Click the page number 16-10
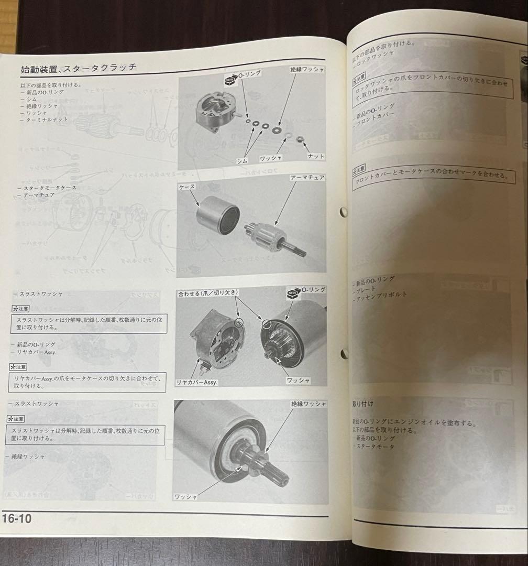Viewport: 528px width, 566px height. click(x=17, y=518)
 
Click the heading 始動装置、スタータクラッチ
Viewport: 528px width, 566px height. click(x=79, y=68)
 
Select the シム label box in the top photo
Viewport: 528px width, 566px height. click(x=242, y=160)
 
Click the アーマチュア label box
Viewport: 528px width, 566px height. click(x=307, y=178)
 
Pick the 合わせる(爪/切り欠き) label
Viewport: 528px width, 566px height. click(x=208, y=292)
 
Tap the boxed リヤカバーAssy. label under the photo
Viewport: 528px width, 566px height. click(x=197, y=382)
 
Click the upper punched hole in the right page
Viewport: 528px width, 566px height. click(x=344, y=212)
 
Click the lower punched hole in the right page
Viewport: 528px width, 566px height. click(x=344, y=354)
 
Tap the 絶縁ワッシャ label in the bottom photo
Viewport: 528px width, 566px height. click(x=309, y=404)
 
